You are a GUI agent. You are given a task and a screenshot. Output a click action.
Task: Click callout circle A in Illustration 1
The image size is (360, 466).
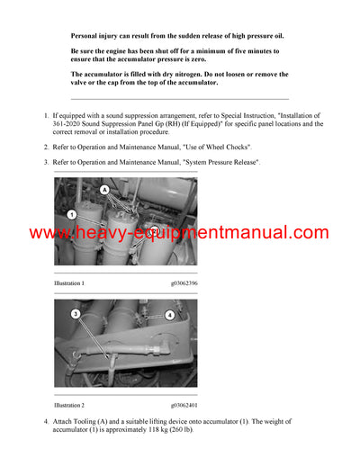(104, 191)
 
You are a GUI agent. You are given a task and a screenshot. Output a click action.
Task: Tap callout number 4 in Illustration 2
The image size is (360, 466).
(168, 315)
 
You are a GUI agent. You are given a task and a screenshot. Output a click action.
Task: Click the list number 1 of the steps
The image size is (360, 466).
(46, 116)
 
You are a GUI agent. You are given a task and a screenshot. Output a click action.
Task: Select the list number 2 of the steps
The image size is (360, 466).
(46, 146)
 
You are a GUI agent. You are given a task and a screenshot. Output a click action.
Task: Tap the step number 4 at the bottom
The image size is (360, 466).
(46, 422)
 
